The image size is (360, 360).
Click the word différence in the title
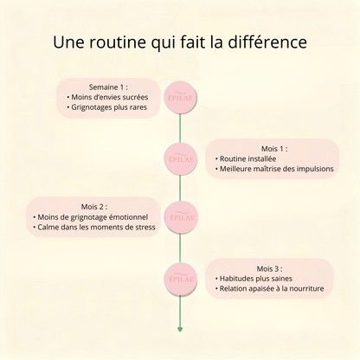point(267,42)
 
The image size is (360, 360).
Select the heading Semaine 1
point(108,87)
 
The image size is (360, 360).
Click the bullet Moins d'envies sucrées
point(107,97)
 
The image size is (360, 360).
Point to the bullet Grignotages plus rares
point(106,107)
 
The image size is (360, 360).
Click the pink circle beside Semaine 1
point(181,98)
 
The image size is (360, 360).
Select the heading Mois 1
point(274,149)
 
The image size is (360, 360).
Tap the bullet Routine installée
point(246,158)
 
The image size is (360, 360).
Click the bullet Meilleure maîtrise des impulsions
point(274,169)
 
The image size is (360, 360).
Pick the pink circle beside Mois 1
point(181,159)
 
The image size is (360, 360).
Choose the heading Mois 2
point(94,207)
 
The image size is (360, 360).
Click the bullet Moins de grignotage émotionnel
point(91,217)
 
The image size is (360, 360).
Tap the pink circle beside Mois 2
point(181,217)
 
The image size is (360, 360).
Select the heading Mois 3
point(270,269)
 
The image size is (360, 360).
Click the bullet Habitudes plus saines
point(254,279)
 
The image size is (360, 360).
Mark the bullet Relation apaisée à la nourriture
point(269,289)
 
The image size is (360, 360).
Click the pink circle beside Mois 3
point(181,279)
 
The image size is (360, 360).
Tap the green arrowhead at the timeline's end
point(180,330)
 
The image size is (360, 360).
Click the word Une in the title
point(68,42)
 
